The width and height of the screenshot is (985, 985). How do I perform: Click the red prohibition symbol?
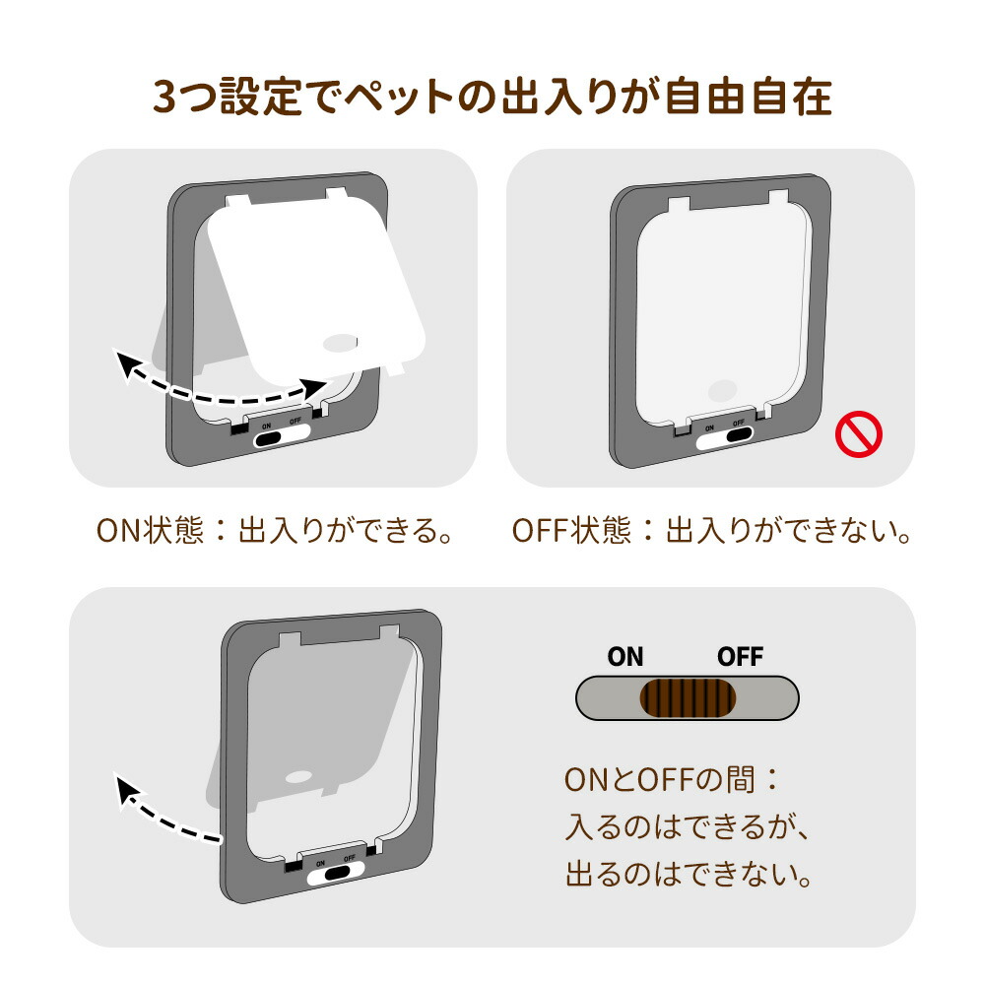pos(858,434)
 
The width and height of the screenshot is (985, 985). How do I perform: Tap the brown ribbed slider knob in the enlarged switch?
pos(688,698)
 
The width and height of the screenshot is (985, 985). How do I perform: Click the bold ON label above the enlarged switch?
pos(625,657)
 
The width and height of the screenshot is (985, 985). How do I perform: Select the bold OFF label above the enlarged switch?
pos(740,657)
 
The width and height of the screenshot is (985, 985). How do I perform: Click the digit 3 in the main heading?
pos(164,98)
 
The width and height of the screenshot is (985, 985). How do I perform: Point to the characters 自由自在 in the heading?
pos(749,97)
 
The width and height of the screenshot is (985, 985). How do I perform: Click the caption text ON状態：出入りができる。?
pos(275,530)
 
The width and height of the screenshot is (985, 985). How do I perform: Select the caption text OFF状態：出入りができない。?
pos(711,530)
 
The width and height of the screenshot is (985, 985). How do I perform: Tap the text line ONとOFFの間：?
pos(671,779)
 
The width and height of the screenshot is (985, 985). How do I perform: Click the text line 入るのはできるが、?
pos(688,826)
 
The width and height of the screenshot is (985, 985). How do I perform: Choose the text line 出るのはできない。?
pos(689,874)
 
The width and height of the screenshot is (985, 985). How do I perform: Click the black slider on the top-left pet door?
pos(266,438)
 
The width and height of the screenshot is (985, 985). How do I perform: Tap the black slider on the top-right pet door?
pos(740,434)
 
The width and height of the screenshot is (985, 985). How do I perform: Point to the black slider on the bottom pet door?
pos(337,872)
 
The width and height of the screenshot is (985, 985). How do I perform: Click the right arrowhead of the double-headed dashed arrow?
pos(313,387)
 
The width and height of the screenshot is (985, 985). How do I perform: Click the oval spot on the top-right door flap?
pos(722,390)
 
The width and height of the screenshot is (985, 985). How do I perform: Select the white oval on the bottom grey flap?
pos(299,777)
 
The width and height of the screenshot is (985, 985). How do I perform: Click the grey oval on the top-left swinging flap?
pos(340,343)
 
